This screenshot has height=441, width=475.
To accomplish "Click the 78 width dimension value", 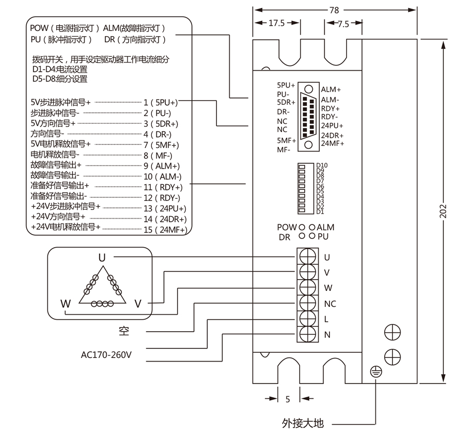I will [336, 9].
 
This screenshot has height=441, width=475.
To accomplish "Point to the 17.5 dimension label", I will [276, 23].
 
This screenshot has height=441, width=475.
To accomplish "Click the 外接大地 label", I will [303, 423].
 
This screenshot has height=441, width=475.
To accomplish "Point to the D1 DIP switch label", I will [320, 211].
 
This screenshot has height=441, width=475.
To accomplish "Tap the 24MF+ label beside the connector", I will [332, 143].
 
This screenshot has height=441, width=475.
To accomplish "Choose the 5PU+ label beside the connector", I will [286, 85].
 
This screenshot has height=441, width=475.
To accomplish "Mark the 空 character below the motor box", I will [123, 331].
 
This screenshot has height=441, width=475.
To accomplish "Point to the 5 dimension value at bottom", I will [288, 399].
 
